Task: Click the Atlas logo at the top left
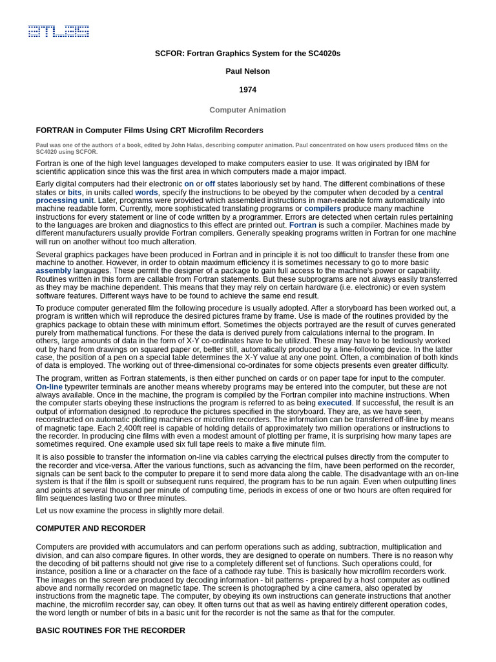58,31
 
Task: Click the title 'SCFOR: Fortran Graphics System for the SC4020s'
247,53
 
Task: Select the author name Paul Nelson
247,71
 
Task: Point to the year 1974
247,90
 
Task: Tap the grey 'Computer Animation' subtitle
247,110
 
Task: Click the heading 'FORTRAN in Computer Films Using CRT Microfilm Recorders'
149,130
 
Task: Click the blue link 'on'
189,184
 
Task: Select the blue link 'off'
210,184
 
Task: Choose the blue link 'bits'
75,193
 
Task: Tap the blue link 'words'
147,193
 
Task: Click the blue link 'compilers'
322,209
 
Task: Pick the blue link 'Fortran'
302,225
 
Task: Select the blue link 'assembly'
54,270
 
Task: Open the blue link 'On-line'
49,387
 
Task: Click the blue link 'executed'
335,403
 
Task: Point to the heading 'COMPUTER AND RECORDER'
90,528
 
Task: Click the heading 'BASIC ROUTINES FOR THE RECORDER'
110,630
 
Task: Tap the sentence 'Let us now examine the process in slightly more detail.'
130,511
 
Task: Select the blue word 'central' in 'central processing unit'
430,193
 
